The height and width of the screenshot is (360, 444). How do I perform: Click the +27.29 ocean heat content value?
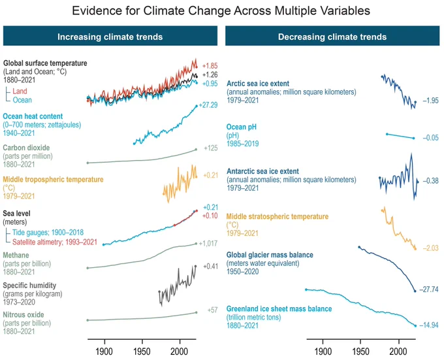208,105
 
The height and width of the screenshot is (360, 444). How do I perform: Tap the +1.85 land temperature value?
210,66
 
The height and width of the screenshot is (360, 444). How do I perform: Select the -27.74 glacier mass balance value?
429,289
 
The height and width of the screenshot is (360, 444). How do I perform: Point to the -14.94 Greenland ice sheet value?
429,325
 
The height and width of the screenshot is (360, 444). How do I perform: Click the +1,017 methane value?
208,244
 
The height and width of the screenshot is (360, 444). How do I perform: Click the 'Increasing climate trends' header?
110,37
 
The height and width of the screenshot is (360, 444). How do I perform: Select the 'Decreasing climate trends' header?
332,37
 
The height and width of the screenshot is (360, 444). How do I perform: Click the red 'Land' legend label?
20,91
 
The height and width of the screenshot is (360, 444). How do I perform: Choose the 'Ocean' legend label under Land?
22,100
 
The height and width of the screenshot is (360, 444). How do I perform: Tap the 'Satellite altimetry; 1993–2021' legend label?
55,242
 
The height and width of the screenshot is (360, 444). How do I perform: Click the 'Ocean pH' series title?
241,127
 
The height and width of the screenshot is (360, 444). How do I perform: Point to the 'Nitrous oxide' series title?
24,315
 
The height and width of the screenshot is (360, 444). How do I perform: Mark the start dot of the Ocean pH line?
387,134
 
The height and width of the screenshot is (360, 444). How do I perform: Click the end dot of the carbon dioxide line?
196,150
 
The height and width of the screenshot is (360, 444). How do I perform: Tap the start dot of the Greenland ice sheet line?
306,289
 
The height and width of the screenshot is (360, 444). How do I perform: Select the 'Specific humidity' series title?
29,286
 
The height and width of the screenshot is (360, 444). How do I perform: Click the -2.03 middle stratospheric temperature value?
430,248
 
